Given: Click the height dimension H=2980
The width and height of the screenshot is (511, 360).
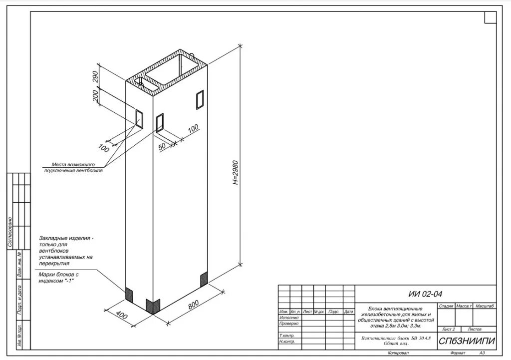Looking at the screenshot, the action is point(236,173).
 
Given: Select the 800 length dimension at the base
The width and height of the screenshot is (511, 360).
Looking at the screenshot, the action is point(194,305).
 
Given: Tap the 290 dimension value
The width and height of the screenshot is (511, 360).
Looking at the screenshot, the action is point(95,76).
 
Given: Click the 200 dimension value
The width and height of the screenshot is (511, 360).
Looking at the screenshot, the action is point(95,96).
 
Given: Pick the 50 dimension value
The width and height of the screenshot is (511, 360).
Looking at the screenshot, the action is point(162,147).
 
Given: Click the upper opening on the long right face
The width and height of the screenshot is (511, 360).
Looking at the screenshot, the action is point(200,99).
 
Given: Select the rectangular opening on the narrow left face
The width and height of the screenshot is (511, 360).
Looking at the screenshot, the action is point(139,118).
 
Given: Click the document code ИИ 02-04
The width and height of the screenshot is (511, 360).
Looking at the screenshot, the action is point(425,294).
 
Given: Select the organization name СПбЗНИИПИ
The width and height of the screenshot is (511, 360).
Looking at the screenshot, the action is point(467,341).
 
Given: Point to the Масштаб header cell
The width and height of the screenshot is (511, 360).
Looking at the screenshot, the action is point(485,306).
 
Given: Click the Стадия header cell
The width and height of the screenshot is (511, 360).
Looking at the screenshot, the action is point(446,306).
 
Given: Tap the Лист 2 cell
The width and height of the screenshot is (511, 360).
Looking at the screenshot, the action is point(449,330).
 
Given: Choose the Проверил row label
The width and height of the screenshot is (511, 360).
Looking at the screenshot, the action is point(289,323).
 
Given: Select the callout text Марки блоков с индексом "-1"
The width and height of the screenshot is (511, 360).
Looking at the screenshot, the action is point(59,277).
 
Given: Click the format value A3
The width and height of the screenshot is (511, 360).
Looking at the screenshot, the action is point(482,353).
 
